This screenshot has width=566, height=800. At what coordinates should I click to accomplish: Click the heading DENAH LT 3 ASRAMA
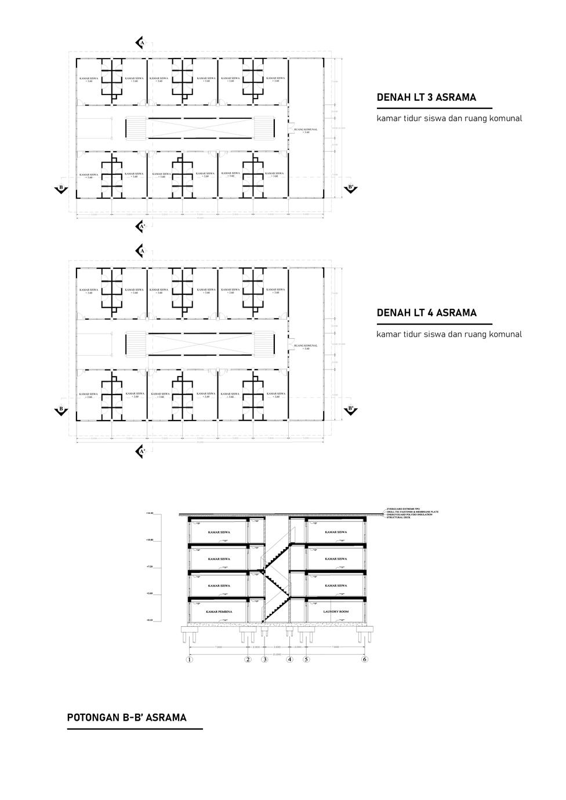click(426, 97)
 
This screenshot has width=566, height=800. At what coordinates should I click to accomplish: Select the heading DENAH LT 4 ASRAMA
click(426, 313)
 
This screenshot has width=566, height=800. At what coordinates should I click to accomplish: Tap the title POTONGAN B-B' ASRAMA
click(127, 718)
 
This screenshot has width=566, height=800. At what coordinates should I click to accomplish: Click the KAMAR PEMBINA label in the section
click(219, 612)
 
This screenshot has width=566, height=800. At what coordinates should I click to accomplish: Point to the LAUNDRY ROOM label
click(336, 612)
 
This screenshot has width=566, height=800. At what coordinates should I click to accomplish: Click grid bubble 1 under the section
click(189, 659)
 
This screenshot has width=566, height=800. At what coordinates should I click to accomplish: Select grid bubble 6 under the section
click(365, 659)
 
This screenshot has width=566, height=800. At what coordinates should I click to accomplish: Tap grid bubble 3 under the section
click(265, 659)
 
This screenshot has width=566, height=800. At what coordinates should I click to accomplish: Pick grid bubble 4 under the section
click(289, 659)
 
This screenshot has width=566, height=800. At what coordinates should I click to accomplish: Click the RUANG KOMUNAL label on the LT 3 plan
click(306, 130)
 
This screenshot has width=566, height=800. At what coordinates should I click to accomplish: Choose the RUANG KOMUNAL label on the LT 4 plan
click(306, 346)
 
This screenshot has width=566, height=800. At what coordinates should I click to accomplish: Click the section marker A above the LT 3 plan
click(140, 43)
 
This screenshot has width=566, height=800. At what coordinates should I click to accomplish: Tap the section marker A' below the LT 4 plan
click(140, 451)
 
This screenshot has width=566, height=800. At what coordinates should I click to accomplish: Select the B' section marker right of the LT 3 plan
click(350, 188)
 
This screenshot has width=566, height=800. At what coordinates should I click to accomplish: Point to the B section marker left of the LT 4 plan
click(60, 409)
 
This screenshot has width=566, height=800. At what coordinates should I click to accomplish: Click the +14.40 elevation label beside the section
click(150, 513)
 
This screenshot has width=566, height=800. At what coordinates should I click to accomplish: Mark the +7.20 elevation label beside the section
click(150, 567)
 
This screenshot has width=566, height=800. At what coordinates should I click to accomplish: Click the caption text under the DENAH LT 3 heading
click(449, 119)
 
